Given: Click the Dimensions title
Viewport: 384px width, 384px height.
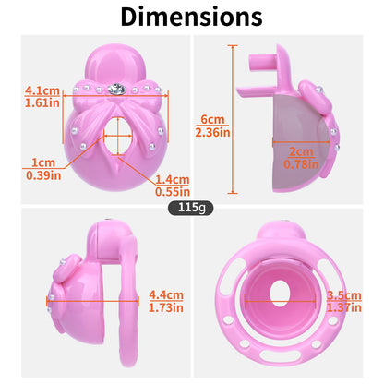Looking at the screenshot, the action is (192, 17).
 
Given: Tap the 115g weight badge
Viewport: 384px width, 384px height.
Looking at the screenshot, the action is (190, 208).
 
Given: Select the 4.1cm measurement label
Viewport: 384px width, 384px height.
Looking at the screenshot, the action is (42, 90).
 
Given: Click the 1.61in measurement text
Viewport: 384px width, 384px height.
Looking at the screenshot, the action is (42, 102).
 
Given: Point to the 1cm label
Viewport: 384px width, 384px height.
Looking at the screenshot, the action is (43, 162).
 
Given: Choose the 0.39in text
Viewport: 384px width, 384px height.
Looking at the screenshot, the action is (43, 175).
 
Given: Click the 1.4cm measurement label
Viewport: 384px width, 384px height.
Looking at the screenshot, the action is (173, 179).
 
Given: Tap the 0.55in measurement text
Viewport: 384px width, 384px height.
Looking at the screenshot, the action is (173, 192).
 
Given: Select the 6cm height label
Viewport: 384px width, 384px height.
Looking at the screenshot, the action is (212, 119).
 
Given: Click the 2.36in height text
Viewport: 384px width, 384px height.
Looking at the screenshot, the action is (212, 132).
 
